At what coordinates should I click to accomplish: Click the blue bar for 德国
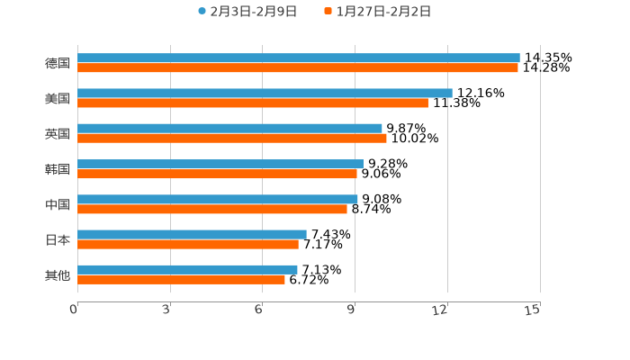(299, 58)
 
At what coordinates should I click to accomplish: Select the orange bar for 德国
(298, 67)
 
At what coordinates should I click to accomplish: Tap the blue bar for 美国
(265, 93)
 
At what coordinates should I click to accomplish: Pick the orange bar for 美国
(253, 103)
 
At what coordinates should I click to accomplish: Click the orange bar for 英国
(232, 138)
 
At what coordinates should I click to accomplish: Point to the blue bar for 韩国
(220, 164)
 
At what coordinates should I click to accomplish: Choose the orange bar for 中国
(212, 209)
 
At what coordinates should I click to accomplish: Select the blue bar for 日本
(192, 234)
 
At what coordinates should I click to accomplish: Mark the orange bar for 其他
(181, 279)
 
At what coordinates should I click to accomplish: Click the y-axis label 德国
(58, 63)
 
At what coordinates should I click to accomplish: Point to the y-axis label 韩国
(58, 169)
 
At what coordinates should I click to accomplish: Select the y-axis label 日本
(58, 239)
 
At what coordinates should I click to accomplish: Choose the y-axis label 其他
(58, 274)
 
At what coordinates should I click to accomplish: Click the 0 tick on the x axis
(74, 310)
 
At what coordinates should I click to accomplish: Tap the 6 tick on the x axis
(258, 310)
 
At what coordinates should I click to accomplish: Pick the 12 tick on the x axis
(440, 310)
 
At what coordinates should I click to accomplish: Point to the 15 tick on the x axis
(533, 310)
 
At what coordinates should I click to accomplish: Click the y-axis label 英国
(58, 133)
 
